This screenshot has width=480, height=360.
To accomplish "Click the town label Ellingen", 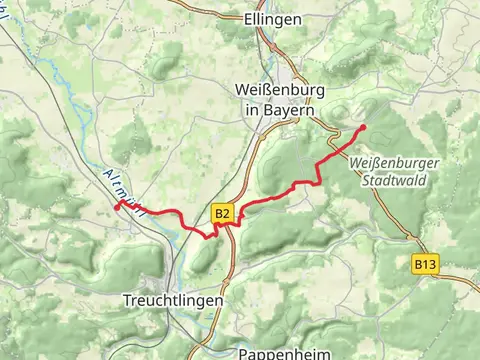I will (273, 18).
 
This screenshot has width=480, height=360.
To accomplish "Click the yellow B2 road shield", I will (222, 214).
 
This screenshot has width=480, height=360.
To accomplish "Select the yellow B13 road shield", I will (425, 264).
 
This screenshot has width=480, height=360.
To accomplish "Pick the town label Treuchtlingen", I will (172, 299).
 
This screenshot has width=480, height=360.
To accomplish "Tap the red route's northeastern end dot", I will (362, 128).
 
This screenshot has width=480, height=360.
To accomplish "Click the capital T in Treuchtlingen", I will (126, 299).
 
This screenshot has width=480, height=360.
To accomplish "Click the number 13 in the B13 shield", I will (429, 264).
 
